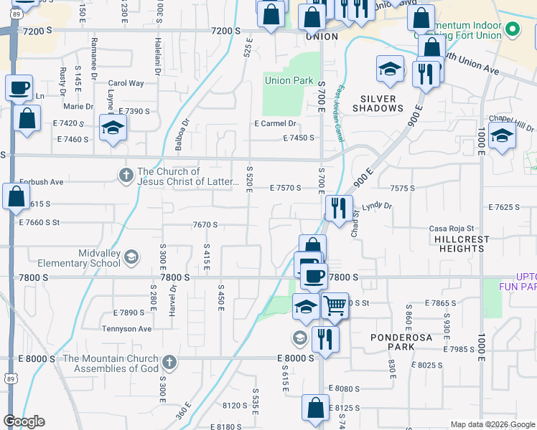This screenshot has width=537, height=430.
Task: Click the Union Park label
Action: (289, 80)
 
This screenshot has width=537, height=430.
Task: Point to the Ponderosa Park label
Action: (393, 341)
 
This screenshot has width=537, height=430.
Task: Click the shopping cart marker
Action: (334, 304)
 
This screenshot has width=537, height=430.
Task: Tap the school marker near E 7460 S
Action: (113, 128)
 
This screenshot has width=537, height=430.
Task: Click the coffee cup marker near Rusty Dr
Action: (19, 87)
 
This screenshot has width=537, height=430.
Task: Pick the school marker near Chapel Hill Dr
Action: (501, 134)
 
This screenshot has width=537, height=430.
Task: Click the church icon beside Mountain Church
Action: (169, 363)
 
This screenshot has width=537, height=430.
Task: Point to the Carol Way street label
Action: (126, 83)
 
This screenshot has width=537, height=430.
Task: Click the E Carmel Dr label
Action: (275, 123)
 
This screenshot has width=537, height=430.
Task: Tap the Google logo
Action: (24, 421)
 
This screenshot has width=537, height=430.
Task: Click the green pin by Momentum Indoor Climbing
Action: (512, 30)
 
